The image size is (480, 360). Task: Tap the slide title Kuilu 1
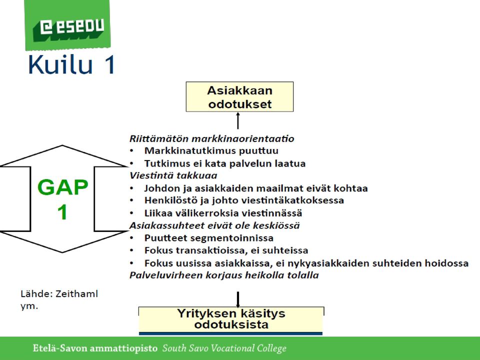(x=71, y=64)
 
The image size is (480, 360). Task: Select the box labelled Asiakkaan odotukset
(x=239, y=96)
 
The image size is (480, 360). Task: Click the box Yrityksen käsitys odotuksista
(x=231, y=320)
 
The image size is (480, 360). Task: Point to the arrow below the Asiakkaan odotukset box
(x=238, y=120)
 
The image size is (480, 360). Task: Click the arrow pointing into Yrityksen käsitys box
(x=238, y=299)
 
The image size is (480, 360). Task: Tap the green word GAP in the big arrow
(x=63, y=187)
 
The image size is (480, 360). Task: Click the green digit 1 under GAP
(x=62, y=212)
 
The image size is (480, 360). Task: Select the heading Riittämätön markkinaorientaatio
(x=212, y=138)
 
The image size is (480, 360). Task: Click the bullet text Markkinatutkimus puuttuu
(x=211, y=150)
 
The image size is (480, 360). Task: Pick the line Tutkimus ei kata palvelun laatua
(x=225, y=163)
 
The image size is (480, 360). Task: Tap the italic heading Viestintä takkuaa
(x=173, y=175)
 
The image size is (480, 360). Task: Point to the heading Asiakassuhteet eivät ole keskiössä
(x=214, y=225)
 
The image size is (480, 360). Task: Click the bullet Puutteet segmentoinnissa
(x=209, y=238)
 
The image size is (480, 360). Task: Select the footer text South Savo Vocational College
(x=224, y=348)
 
